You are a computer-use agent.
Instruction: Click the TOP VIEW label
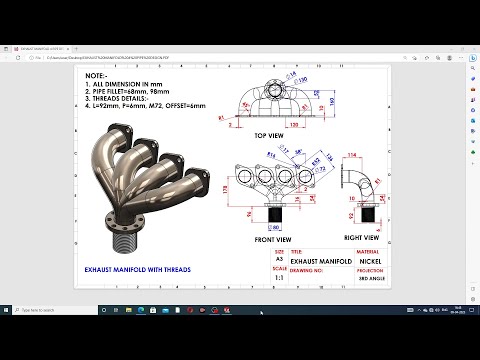coord(272,134)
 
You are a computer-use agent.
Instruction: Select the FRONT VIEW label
coord(273,240)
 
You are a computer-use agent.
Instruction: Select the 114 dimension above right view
coord(352,156)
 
